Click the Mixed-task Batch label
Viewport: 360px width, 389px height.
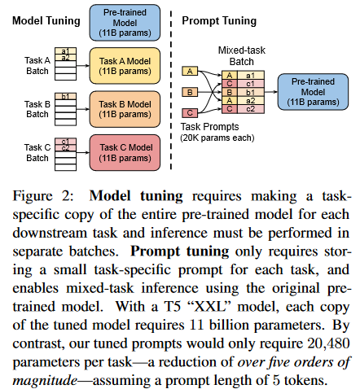point(239,56)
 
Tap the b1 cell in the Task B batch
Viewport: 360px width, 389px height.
point(64,97)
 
